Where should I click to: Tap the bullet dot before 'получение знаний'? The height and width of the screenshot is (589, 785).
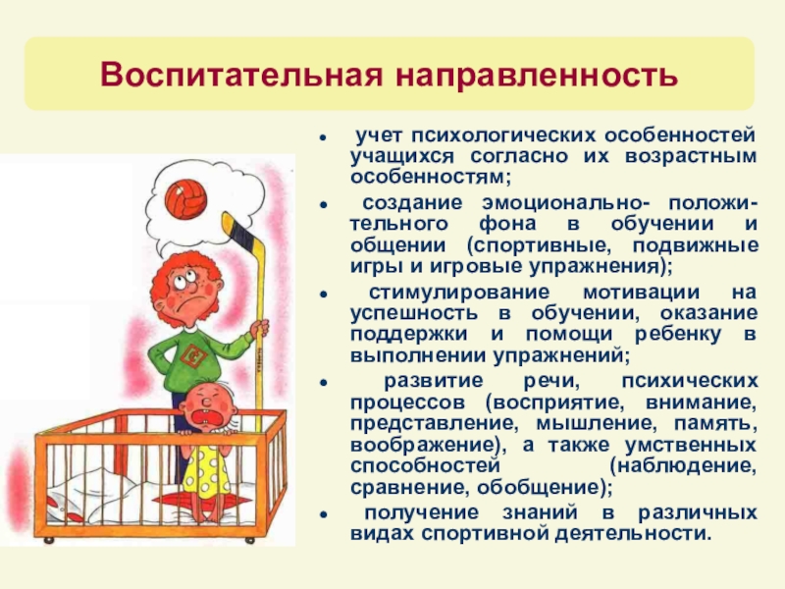click(326, 514)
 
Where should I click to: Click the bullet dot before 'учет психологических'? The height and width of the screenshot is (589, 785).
click(326, 134)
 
